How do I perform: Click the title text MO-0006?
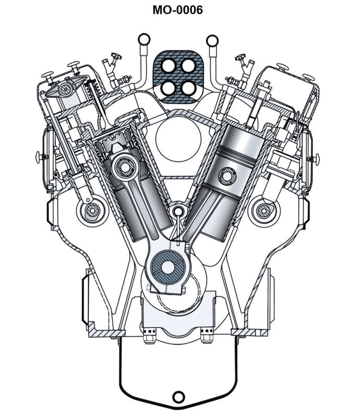point(178,9)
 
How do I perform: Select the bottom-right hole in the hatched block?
point(188,88)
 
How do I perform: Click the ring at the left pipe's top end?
point(144,39)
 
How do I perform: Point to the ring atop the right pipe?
point(213,40)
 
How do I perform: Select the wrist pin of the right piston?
point(228,177)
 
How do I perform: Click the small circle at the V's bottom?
point(178,211)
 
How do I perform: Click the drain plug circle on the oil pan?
point(178,397)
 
